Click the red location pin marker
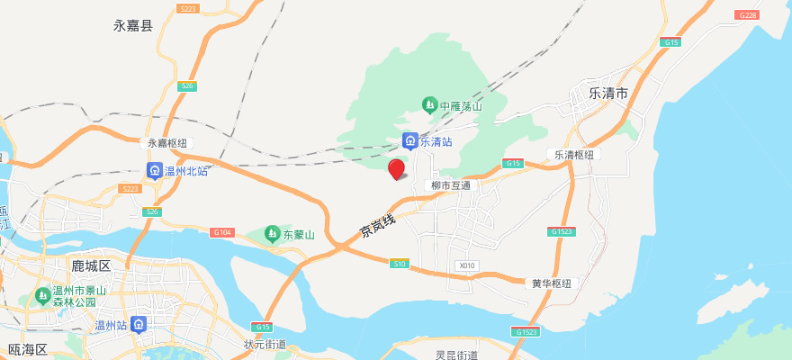[x=396, y=168]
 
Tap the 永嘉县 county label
[x=133, y=25]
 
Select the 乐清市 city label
[x=607, y=93]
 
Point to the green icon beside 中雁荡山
[x=430, y=106]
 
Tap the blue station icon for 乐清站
[x=409, y=141]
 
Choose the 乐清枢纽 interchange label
[x=574, y=155]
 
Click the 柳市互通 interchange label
[x=451, y=185]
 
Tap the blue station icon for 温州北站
[x=155, y=170]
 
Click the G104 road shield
[x=222, y=232]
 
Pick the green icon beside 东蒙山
[x=272, y=235]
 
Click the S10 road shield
[x=400, y=263]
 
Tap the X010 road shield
[x=465, y=265]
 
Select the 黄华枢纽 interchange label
[x=552, y=283]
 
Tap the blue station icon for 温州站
[x=138, y=325]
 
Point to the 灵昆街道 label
[x=457, y=355]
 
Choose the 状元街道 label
[x=265, y=345]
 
